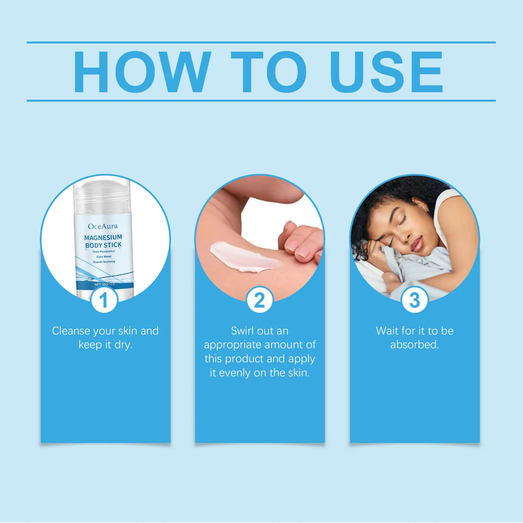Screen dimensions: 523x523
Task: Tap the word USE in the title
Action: tap(387, 72)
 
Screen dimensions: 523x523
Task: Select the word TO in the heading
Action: tap(269, 72)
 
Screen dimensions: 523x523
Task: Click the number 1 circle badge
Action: tap(104, 299)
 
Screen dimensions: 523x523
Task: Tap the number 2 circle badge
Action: tap(260, 299)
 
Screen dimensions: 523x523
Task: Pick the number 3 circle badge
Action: tap(414, 299)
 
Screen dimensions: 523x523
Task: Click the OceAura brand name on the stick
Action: tap(103, 226)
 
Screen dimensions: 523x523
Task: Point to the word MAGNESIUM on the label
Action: tap(103, 237)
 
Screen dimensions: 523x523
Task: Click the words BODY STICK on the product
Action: tap(103, 245)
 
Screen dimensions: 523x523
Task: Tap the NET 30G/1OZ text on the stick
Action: tap(105, 284)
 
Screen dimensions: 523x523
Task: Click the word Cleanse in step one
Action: tap(71, 331)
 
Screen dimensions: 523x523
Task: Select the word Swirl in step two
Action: tap(242, 331)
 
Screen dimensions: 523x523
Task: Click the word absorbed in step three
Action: tap(414, 345)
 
